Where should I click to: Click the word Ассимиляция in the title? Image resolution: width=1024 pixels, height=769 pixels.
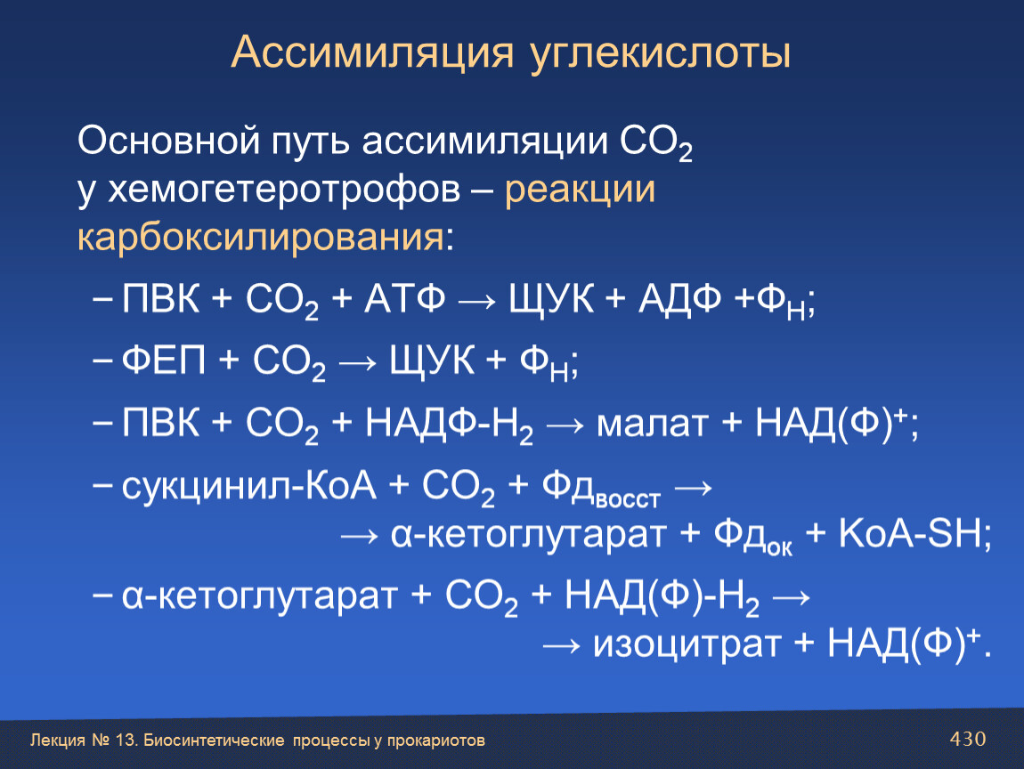tap(372, 53)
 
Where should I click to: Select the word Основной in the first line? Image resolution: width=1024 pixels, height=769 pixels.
tap(168, 141)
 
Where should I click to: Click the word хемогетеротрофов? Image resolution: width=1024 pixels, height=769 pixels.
tap(284, 190)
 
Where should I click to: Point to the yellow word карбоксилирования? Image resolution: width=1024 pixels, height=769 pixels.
tap(261, 237)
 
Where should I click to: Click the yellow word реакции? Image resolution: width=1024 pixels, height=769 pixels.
tap(580, 190)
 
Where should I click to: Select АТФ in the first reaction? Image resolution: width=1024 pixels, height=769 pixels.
tap(405, 299)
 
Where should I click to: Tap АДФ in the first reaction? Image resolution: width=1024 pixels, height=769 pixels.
tap(679, 300)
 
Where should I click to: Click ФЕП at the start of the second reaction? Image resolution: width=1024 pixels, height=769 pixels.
tap(164, 360)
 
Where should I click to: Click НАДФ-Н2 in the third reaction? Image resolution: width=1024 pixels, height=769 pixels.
tap(449, 425)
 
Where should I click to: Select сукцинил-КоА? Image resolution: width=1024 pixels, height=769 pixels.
tap(249, 486)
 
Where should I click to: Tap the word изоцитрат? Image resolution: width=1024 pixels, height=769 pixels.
tap(687, 645)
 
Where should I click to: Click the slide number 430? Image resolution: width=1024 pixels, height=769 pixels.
tap(968, 739)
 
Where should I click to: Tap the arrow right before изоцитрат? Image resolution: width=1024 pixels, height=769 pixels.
tap(561, 646)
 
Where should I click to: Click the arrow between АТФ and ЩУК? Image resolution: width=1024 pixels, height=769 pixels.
tap(477, 302)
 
